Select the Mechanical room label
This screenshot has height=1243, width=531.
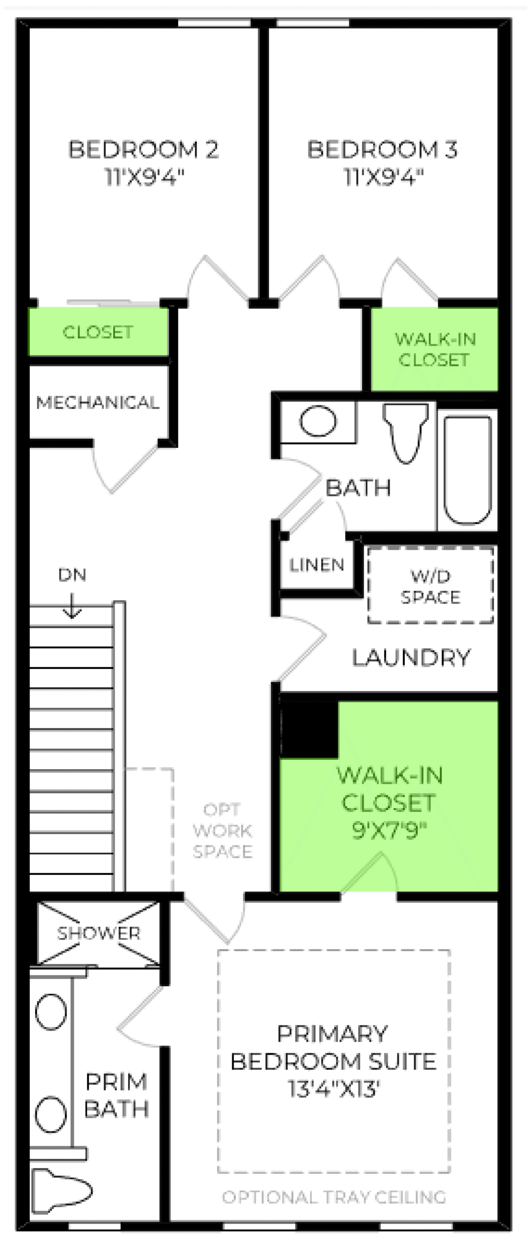click(98, 403)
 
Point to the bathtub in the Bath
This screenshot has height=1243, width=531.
click(467, 470)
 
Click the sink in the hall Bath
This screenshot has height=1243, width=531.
click(318, 420)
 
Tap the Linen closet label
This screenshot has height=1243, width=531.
click(317, 565)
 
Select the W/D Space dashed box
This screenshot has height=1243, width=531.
click(430, 585)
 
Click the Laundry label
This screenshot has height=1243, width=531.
click(411, 657)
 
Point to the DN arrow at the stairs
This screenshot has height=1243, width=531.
click(72, 605)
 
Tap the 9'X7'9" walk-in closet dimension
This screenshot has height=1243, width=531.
click(389, 831)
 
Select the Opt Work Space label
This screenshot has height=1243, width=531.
click(223, 830)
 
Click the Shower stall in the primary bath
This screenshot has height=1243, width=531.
click(99, 933)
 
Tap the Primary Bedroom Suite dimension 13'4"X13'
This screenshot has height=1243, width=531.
click(333, 1089)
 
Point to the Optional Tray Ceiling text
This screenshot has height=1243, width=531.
click(334, 1197)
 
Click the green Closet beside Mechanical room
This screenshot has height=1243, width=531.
click(98, 332)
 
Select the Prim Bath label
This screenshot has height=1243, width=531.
click(116, 1095)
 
